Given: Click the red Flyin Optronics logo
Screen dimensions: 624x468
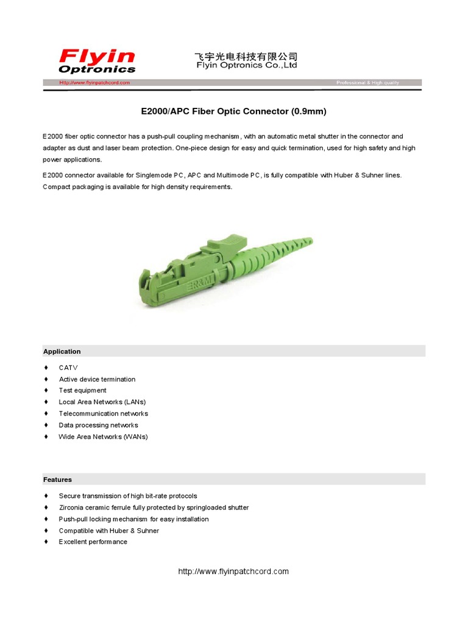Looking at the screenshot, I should coord(97,62).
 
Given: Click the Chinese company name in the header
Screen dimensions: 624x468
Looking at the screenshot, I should coord(246,56).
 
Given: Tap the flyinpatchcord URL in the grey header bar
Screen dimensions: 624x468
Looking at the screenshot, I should coord(94,82).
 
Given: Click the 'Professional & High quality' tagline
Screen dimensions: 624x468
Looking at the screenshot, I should coord(367,82).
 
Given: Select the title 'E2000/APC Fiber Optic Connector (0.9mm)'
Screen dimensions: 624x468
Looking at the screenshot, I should coord(234,112).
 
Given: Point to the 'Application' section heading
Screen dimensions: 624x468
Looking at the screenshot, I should coord(62,352).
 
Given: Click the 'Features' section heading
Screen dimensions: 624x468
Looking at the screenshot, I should coord(57,480).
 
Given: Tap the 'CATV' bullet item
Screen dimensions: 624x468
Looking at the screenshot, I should coord(68,367).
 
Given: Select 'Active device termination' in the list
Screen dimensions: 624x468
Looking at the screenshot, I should coord(97,379).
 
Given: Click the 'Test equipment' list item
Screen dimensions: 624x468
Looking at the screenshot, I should coord(82,391).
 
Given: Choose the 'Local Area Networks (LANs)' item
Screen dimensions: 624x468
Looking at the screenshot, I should coord(102,402).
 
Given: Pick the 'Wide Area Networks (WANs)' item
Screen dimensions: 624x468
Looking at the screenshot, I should coord(103,437).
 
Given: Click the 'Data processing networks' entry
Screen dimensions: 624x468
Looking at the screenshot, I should coord(98,425).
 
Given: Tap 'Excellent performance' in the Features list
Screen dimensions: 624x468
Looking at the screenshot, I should coord(93,542).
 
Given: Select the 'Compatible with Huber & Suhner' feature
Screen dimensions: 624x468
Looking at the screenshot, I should coord(108,531).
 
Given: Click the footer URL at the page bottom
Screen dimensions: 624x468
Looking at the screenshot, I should coord(233,572).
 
